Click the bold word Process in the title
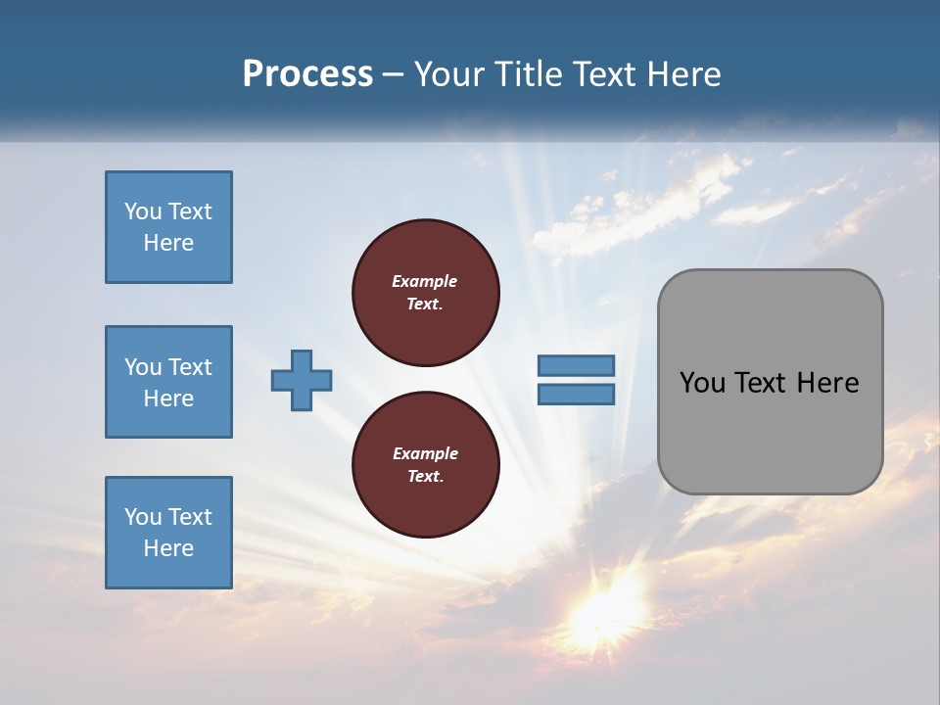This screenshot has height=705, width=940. (x=307, y=74)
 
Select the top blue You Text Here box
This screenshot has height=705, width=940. (x=168, y=227)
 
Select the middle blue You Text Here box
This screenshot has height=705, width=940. (x=168, y=382)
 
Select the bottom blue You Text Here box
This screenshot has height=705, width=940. (x=168, y=533)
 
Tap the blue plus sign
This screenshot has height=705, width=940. (x=302, y=380)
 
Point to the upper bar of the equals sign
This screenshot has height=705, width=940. (x=576, y=365)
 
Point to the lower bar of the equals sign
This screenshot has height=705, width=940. (x=576, y=394)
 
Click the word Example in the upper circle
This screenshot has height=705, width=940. (x=424, y=281)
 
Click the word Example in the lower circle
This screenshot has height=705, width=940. (x=424, y=453)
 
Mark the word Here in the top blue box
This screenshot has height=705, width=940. (x=168, y=243)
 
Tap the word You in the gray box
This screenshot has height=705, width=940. (x=702, y=383)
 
